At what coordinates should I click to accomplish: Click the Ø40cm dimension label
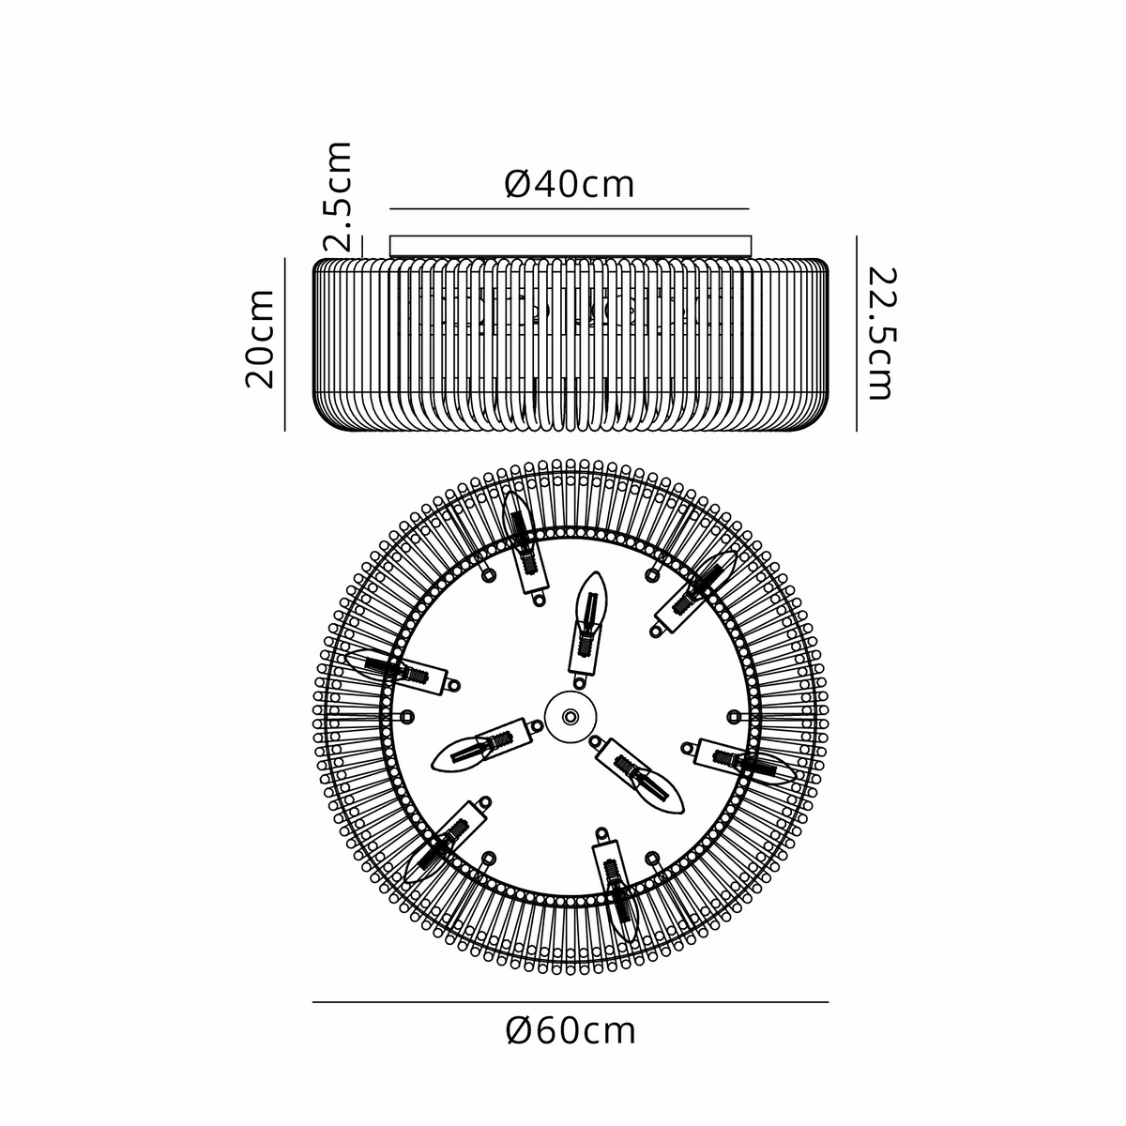(x=570, y=184)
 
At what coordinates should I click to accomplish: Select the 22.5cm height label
(x=880, y=334)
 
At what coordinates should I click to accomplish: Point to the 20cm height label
(x=259, y=339)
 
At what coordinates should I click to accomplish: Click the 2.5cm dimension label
(x=337, y=196)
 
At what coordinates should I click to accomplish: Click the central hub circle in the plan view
(x=571, y=716)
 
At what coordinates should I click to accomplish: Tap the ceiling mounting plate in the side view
(x=571, y=246)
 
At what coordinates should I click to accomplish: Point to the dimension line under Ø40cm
(x=570, y=208)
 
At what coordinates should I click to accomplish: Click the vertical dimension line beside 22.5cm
(x=856, y=334)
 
